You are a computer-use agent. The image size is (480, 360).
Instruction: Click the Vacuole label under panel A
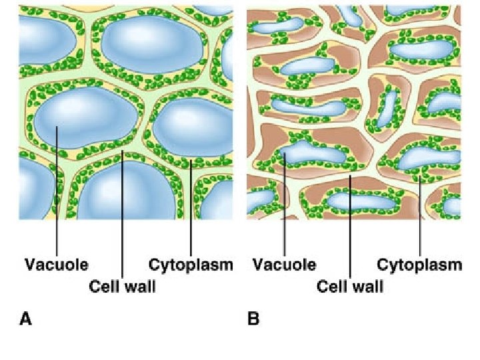56,265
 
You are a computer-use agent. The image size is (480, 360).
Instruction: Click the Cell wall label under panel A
122,287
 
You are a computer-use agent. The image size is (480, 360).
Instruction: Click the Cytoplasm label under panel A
191,265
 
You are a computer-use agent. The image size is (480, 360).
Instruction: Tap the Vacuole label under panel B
284,265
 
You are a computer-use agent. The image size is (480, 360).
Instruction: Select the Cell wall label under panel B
350,287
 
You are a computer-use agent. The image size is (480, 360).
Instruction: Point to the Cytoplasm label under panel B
419,265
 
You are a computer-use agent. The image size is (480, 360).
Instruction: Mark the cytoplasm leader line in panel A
191,207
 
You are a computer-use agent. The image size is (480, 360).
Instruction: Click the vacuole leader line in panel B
285,207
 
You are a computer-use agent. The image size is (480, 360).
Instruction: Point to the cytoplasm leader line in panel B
420,213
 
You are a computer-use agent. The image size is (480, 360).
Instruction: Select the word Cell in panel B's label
331,287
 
